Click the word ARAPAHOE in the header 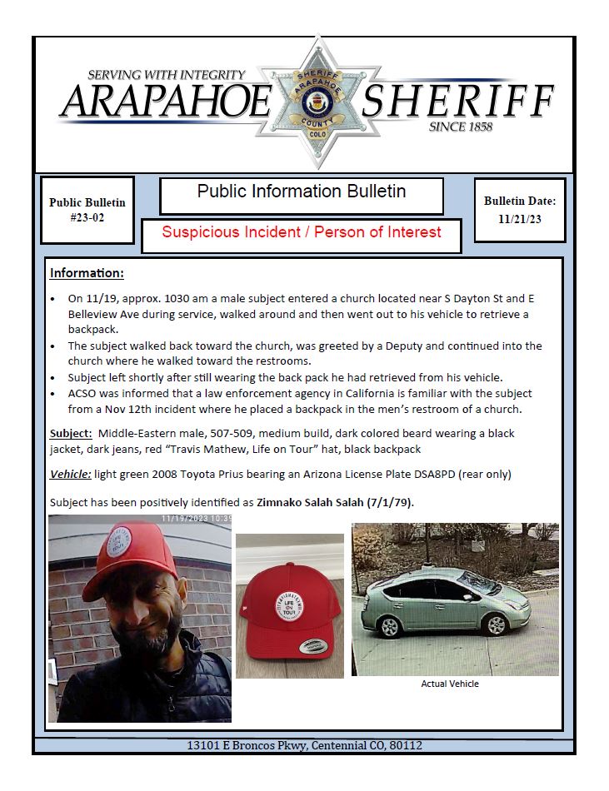[x=166, y=102]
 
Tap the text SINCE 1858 [x=460, y=127]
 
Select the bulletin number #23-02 [x=87, y=217]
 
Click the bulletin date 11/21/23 [x=519, y=219]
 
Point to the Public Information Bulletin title [x=301, y=192]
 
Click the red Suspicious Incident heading [x=301, y=232]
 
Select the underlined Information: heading [x=87, y=273]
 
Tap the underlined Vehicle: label [x=72, y=475]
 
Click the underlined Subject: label [x=70, y=434]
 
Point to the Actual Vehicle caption [x=450, y=684]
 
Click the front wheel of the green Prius [x=496, y=624]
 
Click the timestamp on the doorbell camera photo [x=196, y=518]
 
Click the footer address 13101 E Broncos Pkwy [x=304, y=745]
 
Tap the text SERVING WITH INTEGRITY [x=167, y=75]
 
